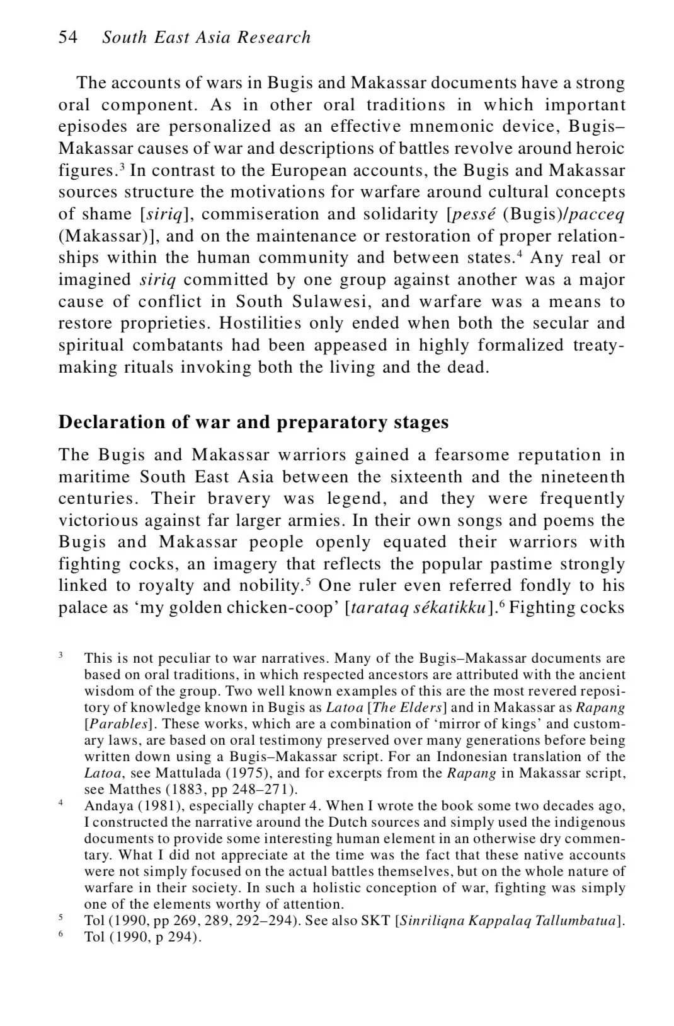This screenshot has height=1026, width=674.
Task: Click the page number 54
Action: tap(68, 37)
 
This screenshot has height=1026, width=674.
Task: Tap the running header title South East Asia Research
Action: tap(207, 37)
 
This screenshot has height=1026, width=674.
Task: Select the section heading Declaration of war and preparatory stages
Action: tap(253, 422)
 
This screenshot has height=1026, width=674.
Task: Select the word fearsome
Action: tap(471, 455)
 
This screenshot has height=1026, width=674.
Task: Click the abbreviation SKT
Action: tap(375, 921)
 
